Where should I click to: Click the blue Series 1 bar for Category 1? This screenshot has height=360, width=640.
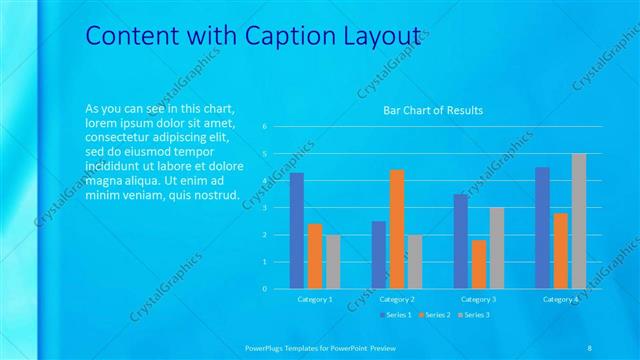(297, 231)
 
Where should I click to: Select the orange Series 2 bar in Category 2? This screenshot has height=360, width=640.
(397, 229)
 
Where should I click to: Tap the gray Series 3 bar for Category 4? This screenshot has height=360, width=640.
(578, 221)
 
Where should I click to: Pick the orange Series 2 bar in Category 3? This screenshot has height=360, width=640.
(479, 264)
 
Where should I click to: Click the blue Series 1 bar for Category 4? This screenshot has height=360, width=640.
(542, 228)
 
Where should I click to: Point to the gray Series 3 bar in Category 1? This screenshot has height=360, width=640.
(333, 262)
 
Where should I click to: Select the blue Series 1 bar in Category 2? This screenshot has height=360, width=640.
(379, 255)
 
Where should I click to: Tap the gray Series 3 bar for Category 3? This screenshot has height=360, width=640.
(497, 248)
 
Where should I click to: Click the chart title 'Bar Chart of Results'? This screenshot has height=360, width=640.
(433, 110)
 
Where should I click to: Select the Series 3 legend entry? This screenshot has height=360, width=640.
(474, 314)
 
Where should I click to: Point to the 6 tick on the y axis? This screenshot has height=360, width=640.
(264, 127)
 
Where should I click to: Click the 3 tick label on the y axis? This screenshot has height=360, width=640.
(264, 208)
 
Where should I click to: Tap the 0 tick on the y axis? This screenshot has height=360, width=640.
(264, 289)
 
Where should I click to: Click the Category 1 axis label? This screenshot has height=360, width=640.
(315, 299)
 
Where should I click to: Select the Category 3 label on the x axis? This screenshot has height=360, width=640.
(479, 299)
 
